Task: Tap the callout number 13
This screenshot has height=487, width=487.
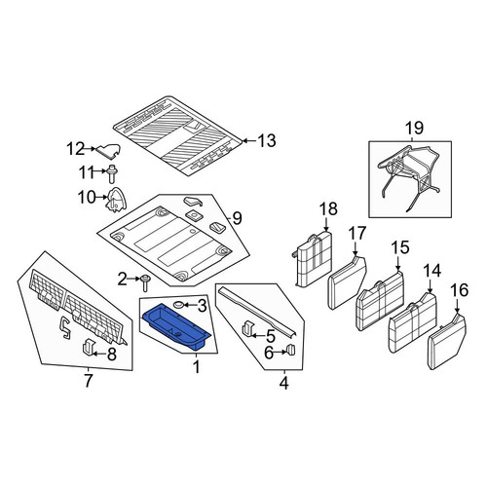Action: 267,141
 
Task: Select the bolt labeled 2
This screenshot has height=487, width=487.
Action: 145,282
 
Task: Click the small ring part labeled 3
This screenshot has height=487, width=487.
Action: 179,305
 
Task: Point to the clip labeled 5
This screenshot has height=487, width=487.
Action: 247,329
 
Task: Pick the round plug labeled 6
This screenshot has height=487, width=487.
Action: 291,350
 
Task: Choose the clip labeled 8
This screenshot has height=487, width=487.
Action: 88,348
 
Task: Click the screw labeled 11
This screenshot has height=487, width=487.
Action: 113,174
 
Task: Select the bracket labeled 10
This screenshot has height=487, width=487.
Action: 116,200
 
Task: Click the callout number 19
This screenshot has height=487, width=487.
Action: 414,128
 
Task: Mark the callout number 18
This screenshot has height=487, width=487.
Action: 328,209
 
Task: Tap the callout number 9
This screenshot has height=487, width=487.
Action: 237,218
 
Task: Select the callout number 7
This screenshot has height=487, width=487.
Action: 89,381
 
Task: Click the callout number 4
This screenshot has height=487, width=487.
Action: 283,384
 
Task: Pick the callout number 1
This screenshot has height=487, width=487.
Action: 196,367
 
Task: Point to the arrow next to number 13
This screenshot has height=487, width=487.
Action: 249,141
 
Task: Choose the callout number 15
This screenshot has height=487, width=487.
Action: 400,247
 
